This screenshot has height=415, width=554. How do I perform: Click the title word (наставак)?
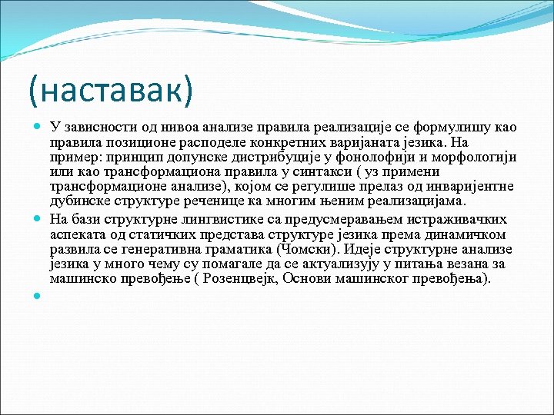coord(110,91)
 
